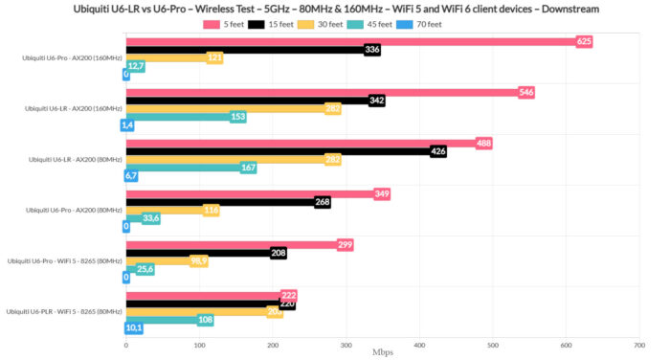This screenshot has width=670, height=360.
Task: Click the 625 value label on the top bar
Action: (584, 41)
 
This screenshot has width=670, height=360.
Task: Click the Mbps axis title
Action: (383, 352)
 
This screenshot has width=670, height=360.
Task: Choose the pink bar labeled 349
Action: (249, 194)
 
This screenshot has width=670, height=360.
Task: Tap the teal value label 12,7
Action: (136, 66)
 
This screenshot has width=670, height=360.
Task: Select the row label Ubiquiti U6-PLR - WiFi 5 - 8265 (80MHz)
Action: (64, 312)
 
